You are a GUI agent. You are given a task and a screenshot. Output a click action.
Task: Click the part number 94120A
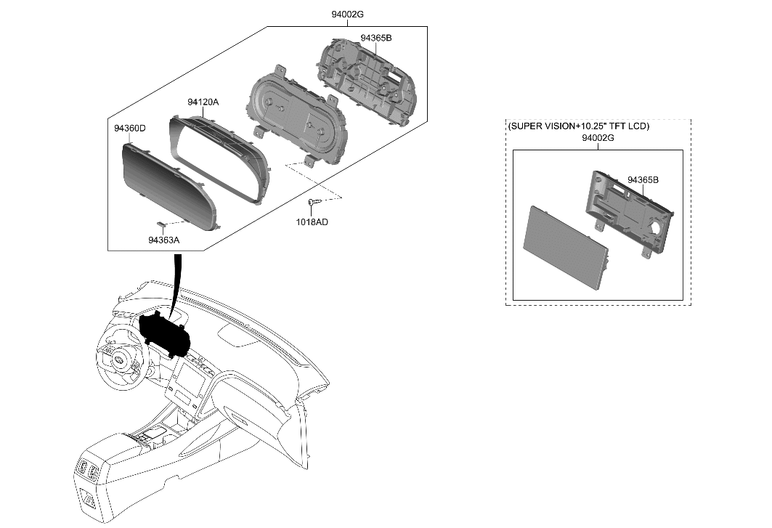click(203, 102)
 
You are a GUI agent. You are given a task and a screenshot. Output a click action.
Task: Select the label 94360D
click(129, 129)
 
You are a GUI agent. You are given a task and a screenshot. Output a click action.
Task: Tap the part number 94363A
click(163, 240)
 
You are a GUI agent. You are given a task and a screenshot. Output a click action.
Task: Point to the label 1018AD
click(312, 222)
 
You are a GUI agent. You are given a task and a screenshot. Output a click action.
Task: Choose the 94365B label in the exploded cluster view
click(375, 38)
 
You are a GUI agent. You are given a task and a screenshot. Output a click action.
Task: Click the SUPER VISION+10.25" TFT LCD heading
click(578, 126)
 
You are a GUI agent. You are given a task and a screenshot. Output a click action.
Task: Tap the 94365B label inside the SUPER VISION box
click(642, 179)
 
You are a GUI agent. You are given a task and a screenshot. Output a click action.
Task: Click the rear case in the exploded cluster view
click(367, 80)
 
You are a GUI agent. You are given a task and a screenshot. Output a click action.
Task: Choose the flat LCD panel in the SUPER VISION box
click(565, 247)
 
